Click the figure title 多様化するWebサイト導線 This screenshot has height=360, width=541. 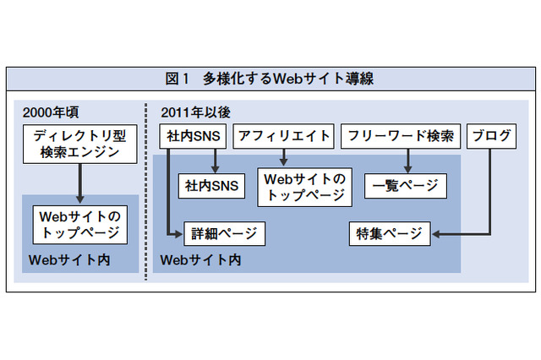[x=288, y=79]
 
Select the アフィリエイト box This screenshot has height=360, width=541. [x=283, y=135]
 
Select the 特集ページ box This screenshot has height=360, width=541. [x=390, y=233]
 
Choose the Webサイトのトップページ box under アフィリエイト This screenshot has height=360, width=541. [x=305, y=186]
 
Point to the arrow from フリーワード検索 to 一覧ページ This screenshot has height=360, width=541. [x=407, y=159]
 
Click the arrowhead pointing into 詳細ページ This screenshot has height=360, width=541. [x=177, y=233]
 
